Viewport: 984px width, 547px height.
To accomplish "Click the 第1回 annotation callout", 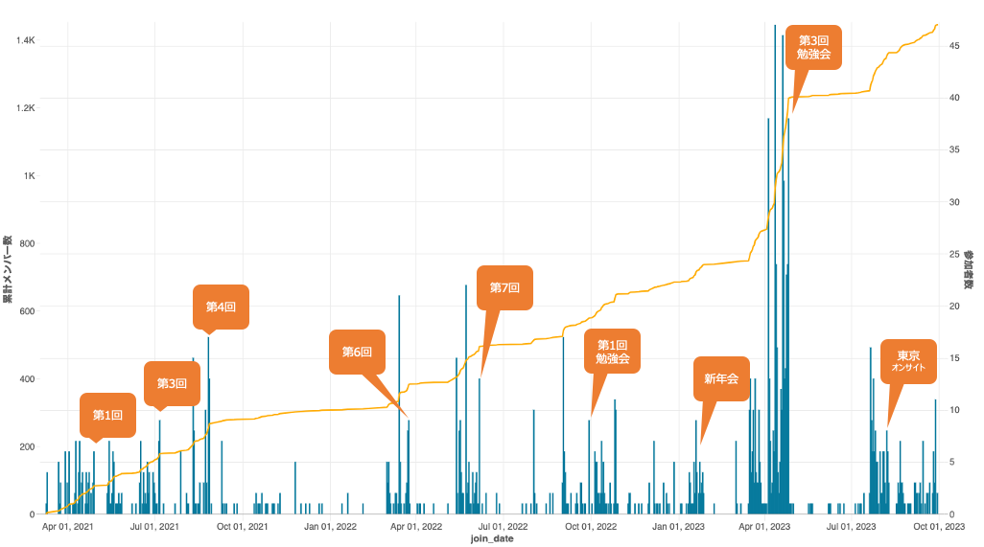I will tap(107, 415).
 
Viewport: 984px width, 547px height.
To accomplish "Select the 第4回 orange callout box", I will tap(221, 307).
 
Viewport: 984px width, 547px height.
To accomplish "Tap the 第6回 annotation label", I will tap(357, 352).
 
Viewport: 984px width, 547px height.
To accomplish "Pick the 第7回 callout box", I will tap(504, 286).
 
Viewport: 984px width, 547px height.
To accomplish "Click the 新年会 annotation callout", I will tap(721, 378).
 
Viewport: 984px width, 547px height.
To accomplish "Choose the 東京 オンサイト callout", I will tap(907, 361).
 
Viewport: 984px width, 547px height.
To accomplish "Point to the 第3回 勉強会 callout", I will tap(813, 47).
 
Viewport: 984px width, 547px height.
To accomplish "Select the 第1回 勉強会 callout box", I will tap(612, 352).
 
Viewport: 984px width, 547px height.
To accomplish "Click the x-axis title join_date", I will tap(491, 539).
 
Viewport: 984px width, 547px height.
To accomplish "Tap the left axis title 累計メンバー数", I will tap(7, 271).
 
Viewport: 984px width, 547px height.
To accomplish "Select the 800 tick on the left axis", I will tap(27, 244).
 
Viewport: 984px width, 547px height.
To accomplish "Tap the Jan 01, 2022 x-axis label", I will tap(331, 526).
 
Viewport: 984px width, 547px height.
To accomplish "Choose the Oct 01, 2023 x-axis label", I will tap(939, 526).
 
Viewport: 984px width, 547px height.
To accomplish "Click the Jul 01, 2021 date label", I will tap(155, 526).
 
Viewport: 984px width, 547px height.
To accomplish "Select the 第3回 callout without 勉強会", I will tap(172, 383).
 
